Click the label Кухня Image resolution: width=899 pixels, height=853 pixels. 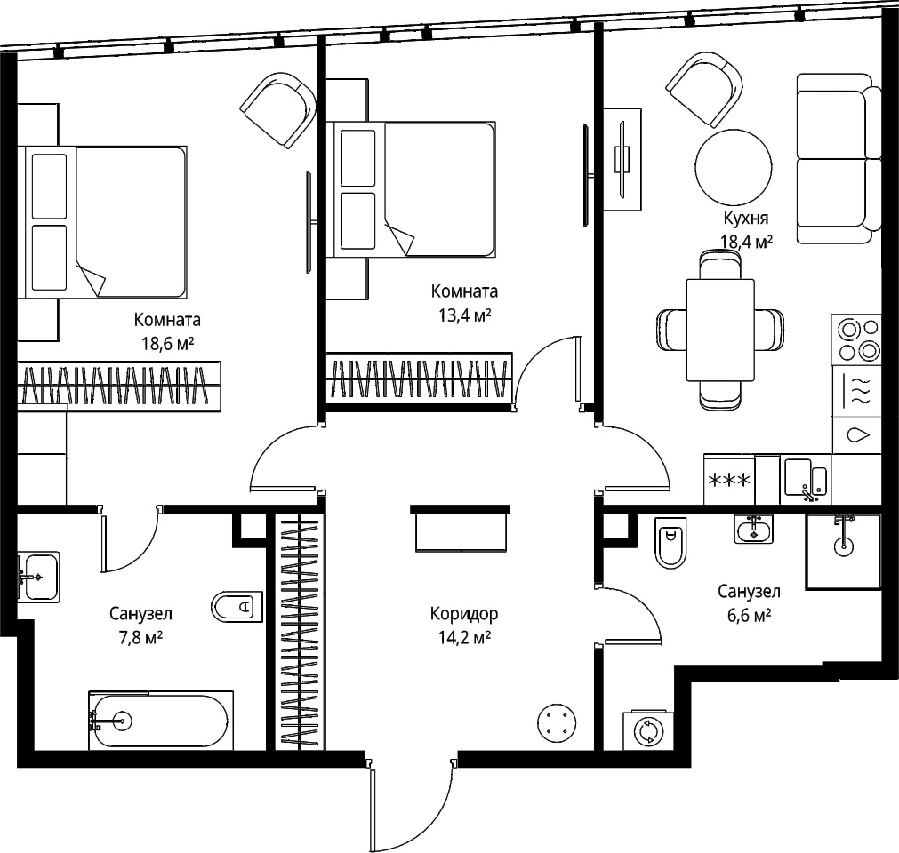pyautogui.click(x=745, y=219)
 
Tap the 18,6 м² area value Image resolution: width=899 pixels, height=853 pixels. pyautogui.click(x=167, y=344)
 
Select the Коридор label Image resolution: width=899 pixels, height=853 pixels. pyautogui.click(x=464, y=614)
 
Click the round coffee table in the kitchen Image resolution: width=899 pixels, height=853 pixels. pyautogui.click(x=734, y=168)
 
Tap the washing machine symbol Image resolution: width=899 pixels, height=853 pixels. pyautogui.click(x=648, y=731)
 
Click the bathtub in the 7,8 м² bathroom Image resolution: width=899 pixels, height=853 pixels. pyautogui.click(x=161, y=720)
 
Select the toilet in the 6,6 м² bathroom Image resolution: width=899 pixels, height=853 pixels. pyautogui.click(x=670, y=543)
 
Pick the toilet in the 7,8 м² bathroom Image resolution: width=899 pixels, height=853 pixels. pyautogui.click(x=237, y=607)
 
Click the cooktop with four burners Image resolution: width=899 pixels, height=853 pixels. pyautogui.click(x=856, y=339)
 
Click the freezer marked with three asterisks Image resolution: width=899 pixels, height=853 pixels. pyautogui.click(x=729, y=480)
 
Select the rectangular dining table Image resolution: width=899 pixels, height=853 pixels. pyautogui.click(x=720, y=330)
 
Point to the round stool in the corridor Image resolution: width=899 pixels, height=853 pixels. pyautogui.click(x=556, y=723)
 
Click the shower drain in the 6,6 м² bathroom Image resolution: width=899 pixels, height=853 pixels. pyautogui.click(x=843, y=546)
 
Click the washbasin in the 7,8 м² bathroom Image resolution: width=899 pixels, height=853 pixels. pyautogui.click(x=38, y=577)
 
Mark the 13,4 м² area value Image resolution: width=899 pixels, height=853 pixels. pyautogui.click(x=465, y=315)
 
